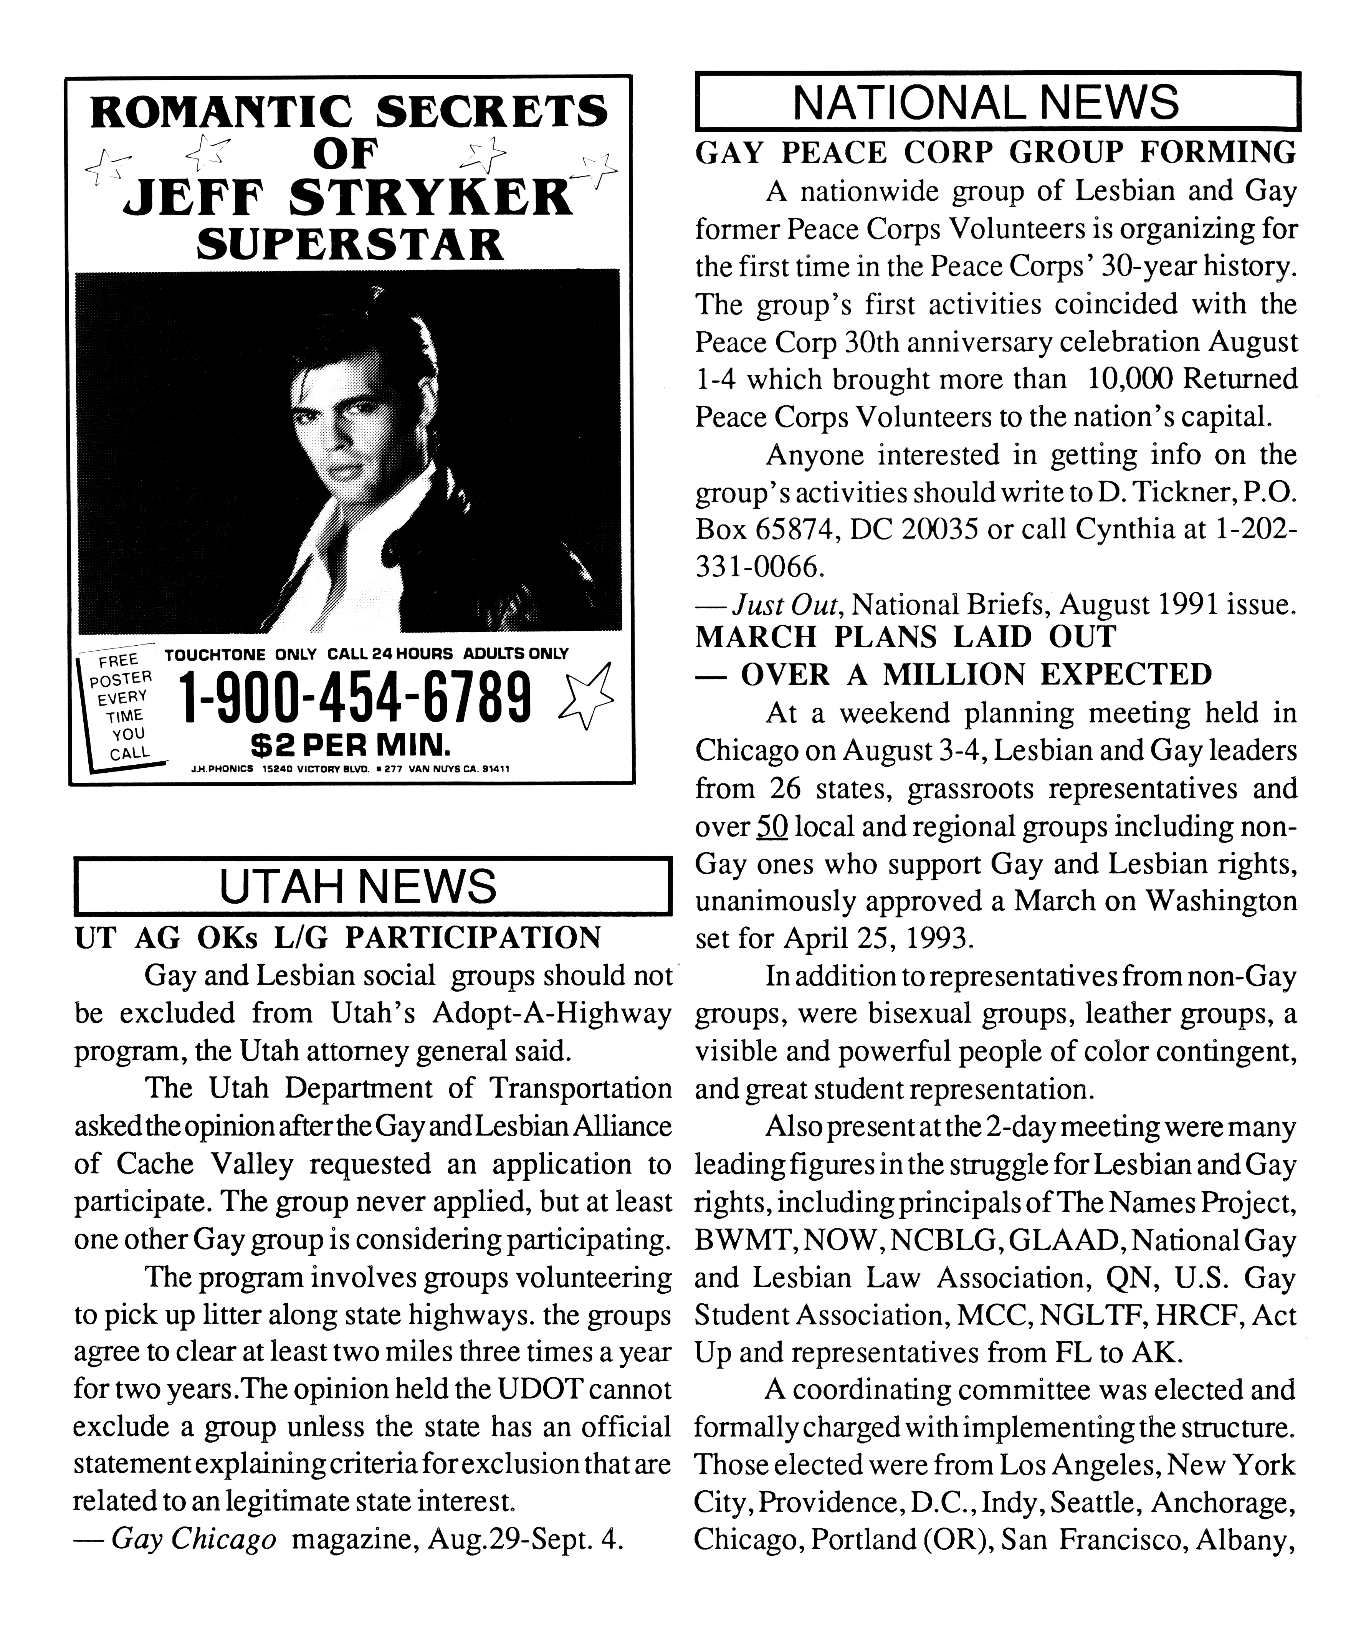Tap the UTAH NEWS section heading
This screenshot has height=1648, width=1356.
click(358, 886)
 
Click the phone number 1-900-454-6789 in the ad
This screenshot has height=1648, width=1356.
click(356, 698)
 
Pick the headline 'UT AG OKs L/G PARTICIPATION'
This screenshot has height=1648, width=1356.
click(337, 937)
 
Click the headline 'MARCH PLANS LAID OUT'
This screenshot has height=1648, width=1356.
click(906, 636)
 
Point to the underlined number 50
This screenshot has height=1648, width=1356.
click(772, 826)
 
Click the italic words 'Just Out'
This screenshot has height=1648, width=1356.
click(785, 605)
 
